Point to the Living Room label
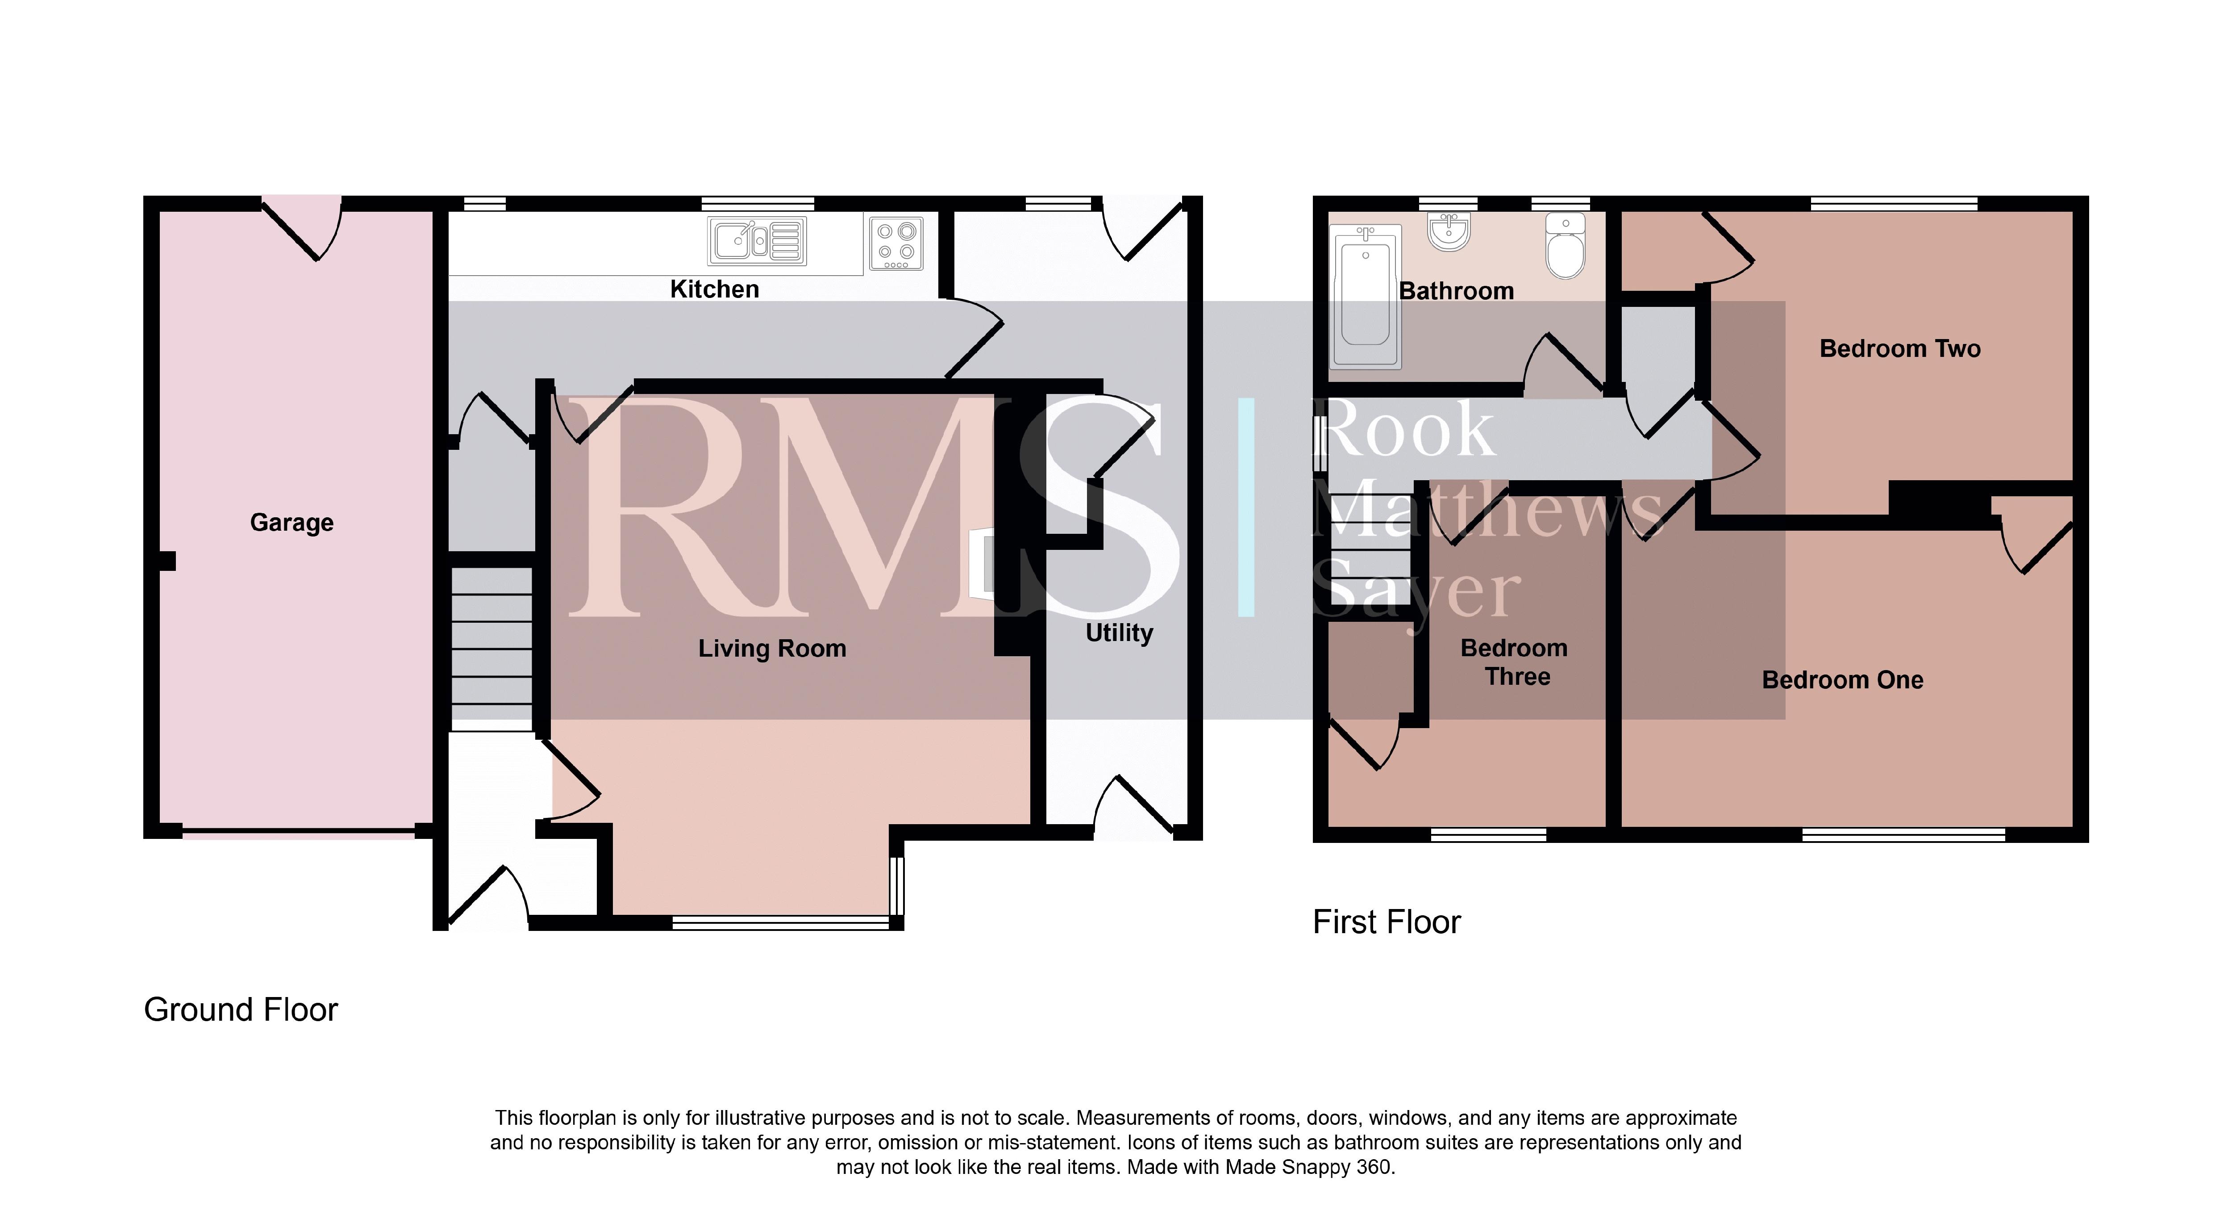pyautogui.click(x=772, y=649)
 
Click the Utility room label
pyautogui.click(x=1120, y=633)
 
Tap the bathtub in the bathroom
pyautogui.click(x=1366, y=297)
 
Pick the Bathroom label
pyautogui.click(x=1457, y=291)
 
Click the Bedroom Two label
pyautogui.click(x=1900, y=348)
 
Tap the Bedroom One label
pyautogui.click(x=1843, y=679)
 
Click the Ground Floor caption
pyautogui.click(x=241, y=1010)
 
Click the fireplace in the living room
pyautogui.click(x=983, y=564)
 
